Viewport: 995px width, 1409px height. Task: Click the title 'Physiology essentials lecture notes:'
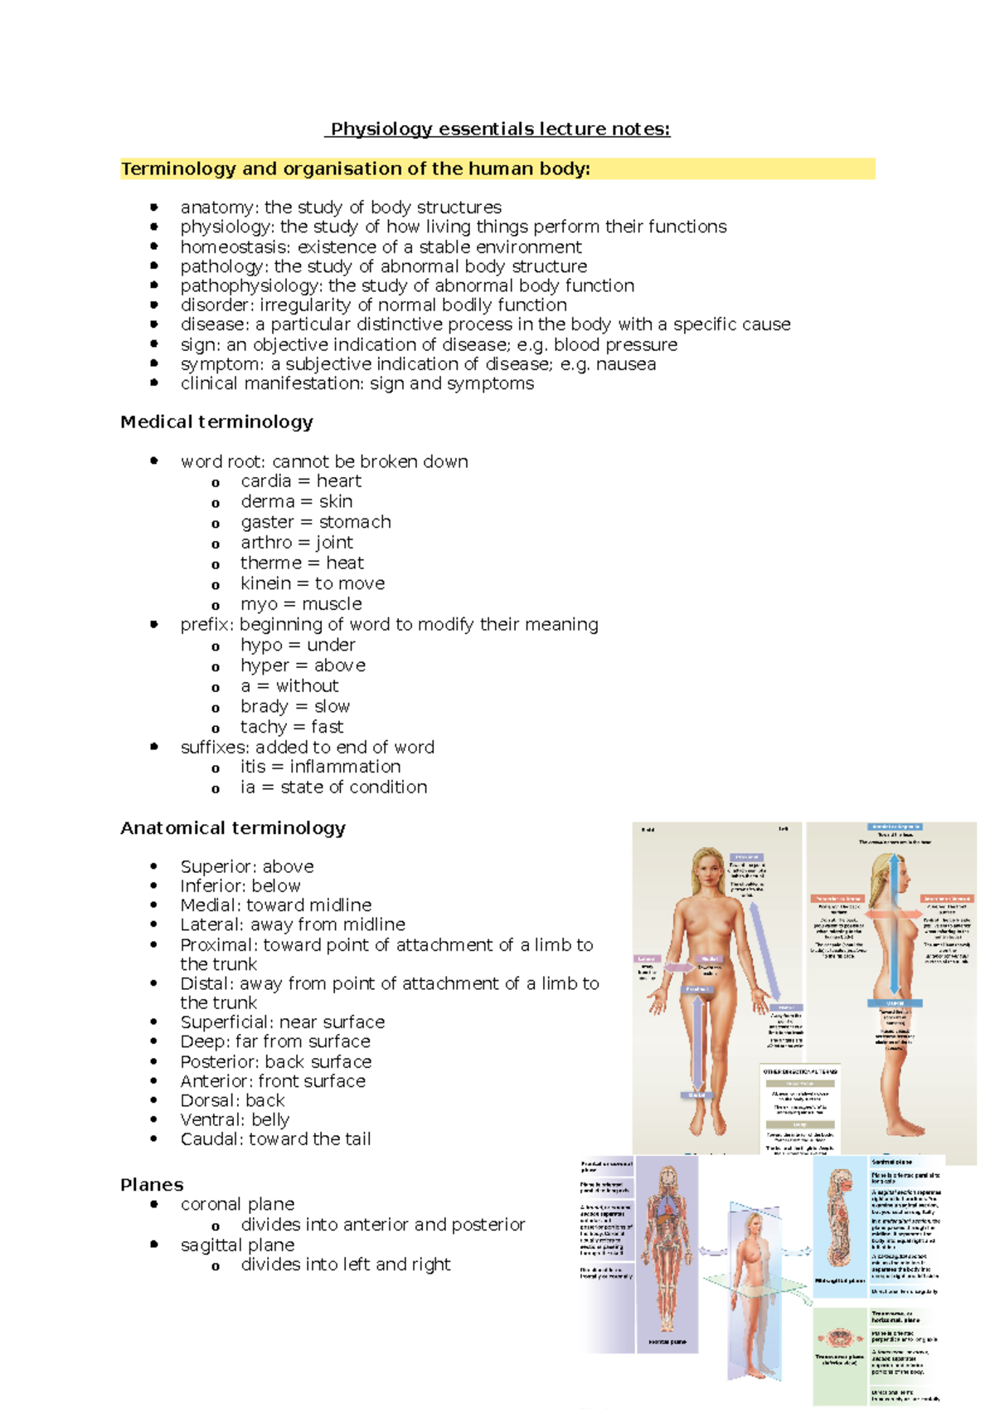click(x=500, y=129)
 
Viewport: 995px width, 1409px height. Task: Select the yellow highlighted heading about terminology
click(x=356, y=169)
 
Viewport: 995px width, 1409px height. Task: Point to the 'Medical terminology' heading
click(x=216, y=422)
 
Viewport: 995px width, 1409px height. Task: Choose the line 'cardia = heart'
click(x=301, y=481)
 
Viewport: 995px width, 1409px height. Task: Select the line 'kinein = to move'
click(x=313, y=583)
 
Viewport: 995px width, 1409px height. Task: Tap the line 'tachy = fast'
click(x=292, y=727)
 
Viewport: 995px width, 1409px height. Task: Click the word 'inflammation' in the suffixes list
click(x=345, y=767)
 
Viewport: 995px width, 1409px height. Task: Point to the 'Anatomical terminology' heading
click(x=233, y=828)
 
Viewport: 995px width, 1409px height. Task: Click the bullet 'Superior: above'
click(x=247, y=866)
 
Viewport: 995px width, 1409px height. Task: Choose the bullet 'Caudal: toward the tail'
click(x=275, y=1139)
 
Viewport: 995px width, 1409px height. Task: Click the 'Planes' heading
click(x=152, y=1185)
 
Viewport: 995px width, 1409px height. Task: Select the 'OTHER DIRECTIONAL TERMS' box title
click(x=800, y=1072)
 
